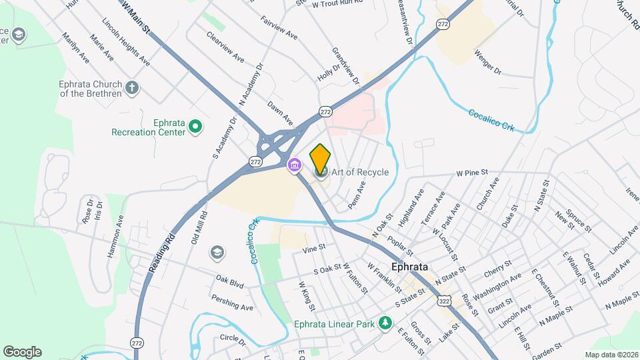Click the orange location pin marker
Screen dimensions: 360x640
coord(320,159)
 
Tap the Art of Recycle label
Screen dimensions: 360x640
coord(359,173)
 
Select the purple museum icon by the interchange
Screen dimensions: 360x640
coord(293,165)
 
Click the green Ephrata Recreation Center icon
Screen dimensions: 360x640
coord(195,126)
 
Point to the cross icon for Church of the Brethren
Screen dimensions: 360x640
coord(132,87)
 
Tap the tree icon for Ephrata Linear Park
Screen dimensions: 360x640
coord(385,323)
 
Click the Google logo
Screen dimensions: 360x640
coord(22,352)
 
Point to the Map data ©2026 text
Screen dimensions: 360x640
coord(611,355)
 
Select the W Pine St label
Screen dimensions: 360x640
coord(469,173)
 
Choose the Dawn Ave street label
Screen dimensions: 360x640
coord(280,113)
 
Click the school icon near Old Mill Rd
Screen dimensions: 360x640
coord(216,252)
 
